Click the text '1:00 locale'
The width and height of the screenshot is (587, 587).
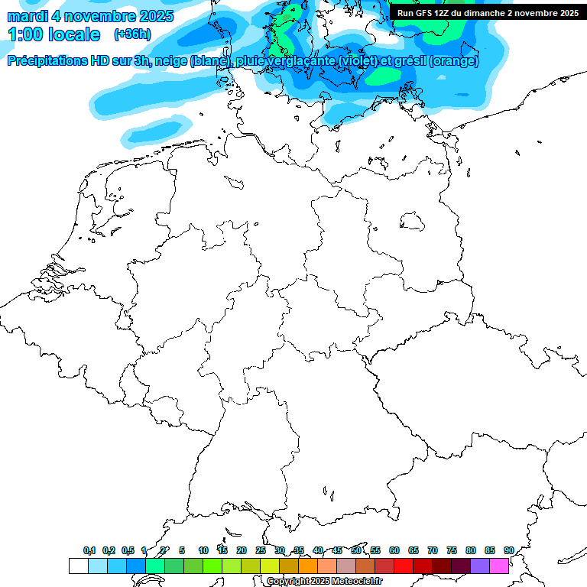coord(54,34)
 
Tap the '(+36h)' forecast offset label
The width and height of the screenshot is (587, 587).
coord(132,34)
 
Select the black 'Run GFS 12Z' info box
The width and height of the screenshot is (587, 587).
coord(488,13)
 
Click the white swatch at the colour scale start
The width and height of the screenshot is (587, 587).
coord(78,566)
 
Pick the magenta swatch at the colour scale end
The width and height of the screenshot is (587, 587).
coord(499,566)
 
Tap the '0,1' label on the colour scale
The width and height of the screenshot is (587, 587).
coord(89,550)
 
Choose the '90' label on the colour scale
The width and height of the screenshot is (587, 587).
coord(508,550)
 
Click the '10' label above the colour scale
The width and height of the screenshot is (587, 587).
coord(203,550)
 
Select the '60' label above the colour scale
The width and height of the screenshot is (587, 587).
coord(394,550)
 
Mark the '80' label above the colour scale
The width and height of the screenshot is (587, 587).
coord(470,550)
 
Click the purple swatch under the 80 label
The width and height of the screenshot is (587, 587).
coord(480,566)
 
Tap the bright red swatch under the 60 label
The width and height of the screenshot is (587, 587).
coord(404,566)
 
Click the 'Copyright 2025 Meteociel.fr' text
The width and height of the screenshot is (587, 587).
coord(324,582)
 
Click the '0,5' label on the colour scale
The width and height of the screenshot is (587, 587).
coord(127,550)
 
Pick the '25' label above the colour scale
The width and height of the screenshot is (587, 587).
coord(261,550)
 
